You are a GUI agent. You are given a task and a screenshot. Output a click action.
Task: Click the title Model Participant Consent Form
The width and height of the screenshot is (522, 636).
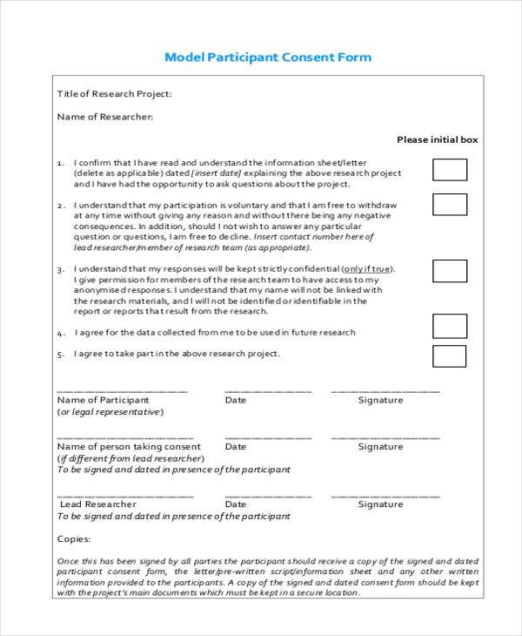tap(268, 58)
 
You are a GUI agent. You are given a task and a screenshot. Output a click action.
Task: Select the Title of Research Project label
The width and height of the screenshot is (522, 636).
tap(114, 94)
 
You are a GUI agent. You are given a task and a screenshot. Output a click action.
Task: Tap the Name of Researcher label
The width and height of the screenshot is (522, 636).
tap(104, 116)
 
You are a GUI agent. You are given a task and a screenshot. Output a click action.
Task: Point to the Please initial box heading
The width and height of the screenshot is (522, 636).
tap(437, 139)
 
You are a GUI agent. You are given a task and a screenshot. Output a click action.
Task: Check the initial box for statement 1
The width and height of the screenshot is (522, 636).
tap(450, 170)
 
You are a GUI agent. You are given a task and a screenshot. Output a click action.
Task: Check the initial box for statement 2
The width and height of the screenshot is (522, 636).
tap(450, 205)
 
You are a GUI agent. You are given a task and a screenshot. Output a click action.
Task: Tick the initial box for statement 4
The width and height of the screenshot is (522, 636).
tap(450, 325)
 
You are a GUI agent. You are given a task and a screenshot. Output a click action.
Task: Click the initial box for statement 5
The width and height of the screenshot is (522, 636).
tap(450, 356)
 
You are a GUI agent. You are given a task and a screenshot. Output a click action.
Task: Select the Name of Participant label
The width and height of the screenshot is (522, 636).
tap(103, 400)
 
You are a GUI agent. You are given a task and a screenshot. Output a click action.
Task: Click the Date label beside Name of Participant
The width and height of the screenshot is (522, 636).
tap(235, 400)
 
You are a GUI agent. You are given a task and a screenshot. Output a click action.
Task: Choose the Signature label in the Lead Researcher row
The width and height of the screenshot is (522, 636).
tap(380, 504)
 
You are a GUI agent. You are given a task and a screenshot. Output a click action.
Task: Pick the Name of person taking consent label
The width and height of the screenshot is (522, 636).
tap(128, 446)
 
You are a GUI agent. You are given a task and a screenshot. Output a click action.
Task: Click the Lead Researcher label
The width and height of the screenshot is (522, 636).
tap(97, 504)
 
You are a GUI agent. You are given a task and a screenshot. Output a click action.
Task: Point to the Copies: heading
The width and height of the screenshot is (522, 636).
tap(73, 538)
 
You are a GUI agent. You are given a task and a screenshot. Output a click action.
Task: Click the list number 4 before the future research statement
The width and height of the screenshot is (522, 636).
tap(60, 333)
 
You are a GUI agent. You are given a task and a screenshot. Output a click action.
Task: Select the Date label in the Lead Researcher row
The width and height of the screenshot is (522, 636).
tap(235, 504)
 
